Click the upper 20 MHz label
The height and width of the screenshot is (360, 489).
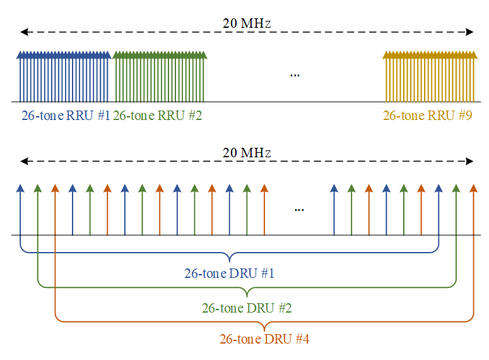pos(247,23)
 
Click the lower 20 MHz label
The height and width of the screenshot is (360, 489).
pos(247,153)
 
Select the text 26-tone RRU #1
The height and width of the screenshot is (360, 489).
pos(66,116)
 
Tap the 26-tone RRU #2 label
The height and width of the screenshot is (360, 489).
pos(157,116)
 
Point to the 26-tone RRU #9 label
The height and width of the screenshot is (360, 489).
pos(427,116)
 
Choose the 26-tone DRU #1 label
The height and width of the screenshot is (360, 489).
pos(229,273)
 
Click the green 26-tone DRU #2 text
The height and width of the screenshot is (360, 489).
pos(247,308)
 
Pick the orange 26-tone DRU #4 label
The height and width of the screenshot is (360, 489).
pos(264,339)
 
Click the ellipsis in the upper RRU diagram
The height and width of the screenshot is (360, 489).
pos(295,75)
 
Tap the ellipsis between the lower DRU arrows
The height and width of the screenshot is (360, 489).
pos(299,209)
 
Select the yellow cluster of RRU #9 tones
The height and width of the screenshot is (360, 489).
pos(429,77)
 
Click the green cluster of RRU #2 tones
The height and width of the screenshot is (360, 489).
pos(160,77)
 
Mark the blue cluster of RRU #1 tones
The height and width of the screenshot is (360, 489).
pos(64,77)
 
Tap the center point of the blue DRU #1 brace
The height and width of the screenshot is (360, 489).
pos(229,258)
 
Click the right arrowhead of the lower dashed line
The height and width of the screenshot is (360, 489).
pos(471,161)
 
